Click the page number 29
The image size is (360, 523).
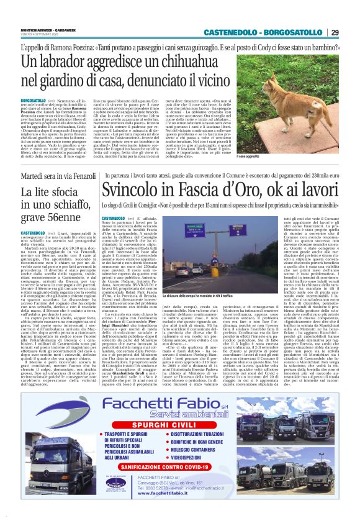click(x=335, y=32)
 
